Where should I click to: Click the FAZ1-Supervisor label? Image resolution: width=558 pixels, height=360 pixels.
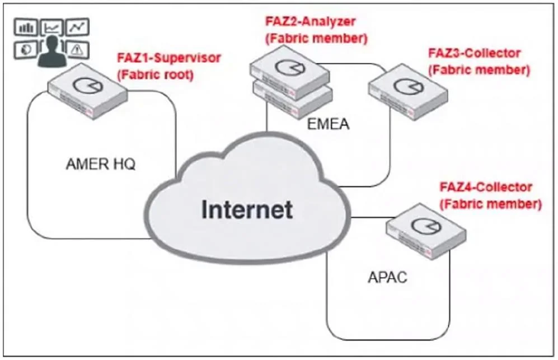[169, 58]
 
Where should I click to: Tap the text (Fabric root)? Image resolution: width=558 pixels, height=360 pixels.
[155, 75]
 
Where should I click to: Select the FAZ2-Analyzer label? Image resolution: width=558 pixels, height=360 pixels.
[310, 21]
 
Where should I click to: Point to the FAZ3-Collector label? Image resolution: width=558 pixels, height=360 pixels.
[475, 53]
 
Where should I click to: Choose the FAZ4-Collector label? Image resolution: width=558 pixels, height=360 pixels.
[486, 187]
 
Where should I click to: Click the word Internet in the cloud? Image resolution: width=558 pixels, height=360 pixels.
[247, 209]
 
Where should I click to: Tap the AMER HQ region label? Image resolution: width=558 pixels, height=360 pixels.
[101, 164]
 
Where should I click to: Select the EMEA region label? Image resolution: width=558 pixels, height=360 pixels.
[328, 124]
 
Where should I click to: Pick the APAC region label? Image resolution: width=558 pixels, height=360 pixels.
[387, 277]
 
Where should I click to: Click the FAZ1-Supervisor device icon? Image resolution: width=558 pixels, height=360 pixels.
[87, 91]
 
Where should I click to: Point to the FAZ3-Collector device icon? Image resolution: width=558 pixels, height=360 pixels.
[408, 91]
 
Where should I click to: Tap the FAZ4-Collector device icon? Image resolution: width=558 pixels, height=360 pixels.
[426, 231]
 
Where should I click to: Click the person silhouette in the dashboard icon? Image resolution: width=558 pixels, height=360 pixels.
[52, 52]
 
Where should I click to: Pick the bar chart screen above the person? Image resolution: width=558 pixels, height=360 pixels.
[26, 27]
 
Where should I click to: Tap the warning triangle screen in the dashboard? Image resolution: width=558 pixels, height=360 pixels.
[78, 49]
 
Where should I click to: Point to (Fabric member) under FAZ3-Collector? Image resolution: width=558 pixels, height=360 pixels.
[479, 70]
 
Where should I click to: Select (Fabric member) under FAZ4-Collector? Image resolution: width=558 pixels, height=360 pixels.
[491, 204]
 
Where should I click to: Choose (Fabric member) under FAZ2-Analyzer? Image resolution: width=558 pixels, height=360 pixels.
[316, 38]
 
